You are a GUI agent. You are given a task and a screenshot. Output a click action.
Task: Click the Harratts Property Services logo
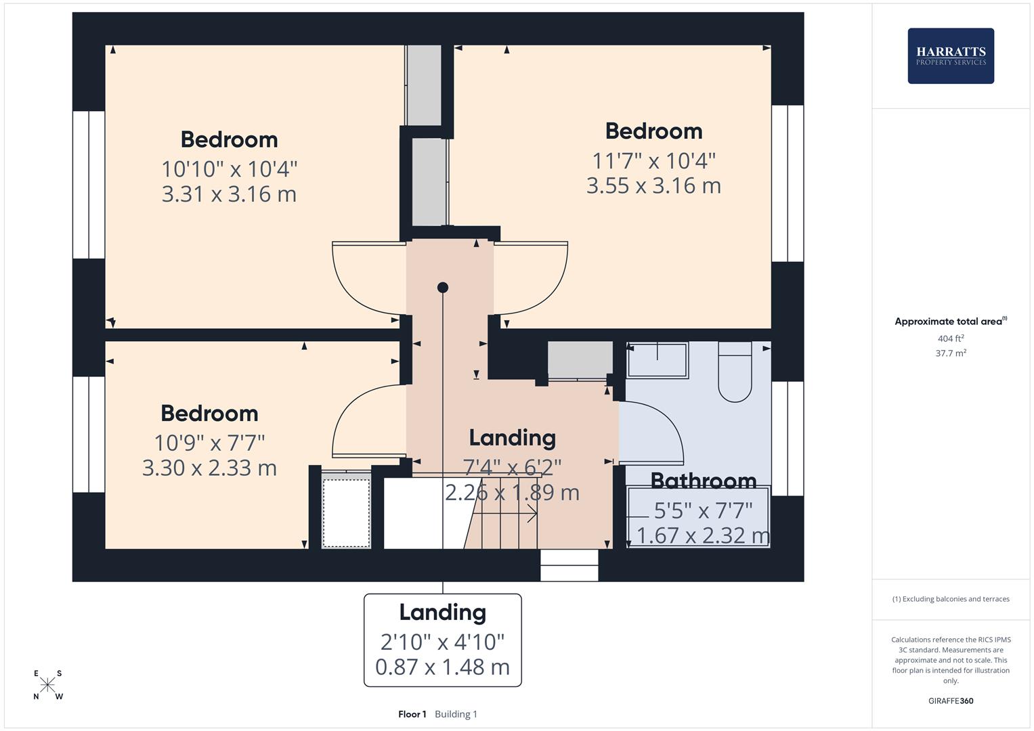[x=950, y=56]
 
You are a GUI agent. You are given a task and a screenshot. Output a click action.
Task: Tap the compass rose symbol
[x=47, y=685]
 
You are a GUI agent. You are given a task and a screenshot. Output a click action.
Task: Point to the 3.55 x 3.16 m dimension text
[x=653, y=185]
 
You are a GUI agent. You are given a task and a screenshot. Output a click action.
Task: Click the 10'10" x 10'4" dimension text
[x=229, y=168]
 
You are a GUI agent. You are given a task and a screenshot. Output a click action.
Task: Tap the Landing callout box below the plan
[x=442, y=640]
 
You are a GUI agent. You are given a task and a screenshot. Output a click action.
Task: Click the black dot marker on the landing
[x=443, y=288]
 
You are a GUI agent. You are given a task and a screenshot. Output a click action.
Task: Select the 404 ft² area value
[x=951, y=338]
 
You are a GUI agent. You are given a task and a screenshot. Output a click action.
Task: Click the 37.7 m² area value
[x=951, y=353]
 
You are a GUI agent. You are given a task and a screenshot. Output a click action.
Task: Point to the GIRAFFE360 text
[x=951, y=701]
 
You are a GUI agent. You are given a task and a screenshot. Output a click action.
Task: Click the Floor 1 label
[x=412, y=714]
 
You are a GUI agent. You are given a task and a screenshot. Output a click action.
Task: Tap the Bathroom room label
[x=703, y=481]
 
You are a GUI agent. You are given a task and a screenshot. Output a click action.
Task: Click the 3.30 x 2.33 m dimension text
[x=209, y=468]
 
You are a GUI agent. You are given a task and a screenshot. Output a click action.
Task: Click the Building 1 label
[x=456, y=714]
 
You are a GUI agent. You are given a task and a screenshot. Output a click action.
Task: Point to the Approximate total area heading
[x=948, y=322]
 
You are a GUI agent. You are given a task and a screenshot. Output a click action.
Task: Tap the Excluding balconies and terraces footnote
[x=951, y=599]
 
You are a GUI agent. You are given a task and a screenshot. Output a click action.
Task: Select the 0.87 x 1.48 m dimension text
[x=442, y=667]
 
